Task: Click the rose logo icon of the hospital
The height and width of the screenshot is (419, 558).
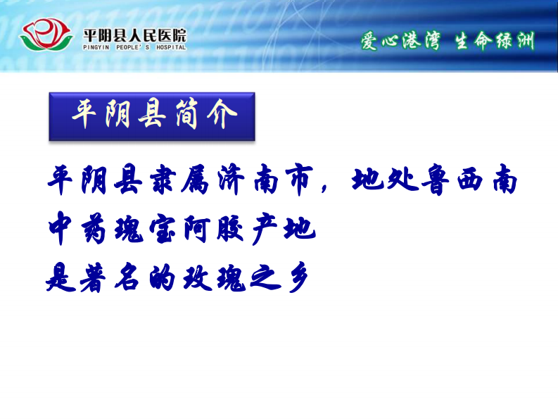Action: (x=46, y=35)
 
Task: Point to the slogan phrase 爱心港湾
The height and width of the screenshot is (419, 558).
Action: (x=400, y=42)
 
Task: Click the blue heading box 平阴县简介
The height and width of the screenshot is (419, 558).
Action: (x=151, y=115)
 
